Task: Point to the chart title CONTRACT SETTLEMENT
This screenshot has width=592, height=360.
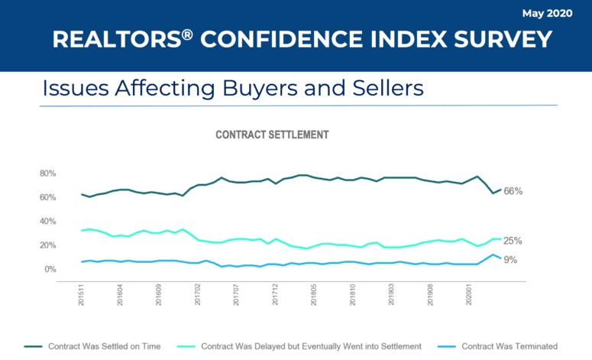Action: [x=272, y=135]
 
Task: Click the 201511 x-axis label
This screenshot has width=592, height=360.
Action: [x=82, y=296]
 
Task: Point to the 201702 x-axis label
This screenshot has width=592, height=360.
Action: [x=198, y=296]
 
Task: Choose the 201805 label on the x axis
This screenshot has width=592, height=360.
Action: [x=314, y=296]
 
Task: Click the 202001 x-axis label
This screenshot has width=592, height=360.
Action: [x=469, y=296]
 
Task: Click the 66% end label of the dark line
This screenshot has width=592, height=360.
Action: [x=513, y=191]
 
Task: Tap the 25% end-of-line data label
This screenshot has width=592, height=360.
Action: [x=513, y=241]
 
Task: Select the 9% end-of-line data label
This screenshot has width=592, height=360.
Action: [x=510, y=260]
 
